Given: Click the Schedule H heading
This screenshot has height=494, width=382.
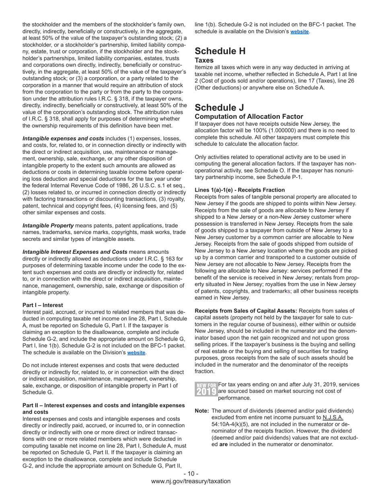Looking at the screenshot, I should (220, 51).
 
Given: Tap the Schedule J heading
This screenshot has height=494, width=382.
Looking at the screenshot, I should (220, 108).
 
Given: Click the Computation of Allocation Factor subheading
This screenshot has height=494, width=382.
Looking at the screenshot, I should (249, 117).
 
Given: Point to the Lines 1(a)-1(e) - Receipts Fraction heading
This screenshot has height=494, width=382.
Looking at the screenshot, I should (240, 190).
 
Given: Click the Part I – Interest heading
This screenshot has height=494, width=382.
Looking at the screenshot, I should (43, 305).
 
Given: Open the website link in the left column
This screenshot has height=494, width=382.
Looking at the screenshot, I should (136, 353).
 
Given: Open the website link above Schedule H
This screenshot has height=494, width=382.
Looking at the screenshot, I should (300, 31).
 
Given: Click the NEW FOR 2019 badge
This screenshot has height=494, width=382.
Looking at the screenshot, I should (206, 389).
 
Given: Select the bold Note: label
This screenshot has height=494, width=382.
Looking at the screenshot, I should (201, 411).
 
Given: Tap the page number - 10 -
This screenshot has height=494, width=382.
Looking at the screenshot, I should (191, 474).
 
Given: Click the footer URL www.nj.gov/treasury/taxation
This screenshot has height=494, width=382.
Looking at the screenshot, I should (191, 481).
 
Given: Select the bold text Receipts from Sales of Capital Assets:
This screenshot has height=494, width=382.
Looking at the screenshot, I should (246, 311).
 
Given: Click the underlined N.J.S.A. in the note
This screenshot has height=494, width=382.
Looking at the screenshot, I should (333, 418).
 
